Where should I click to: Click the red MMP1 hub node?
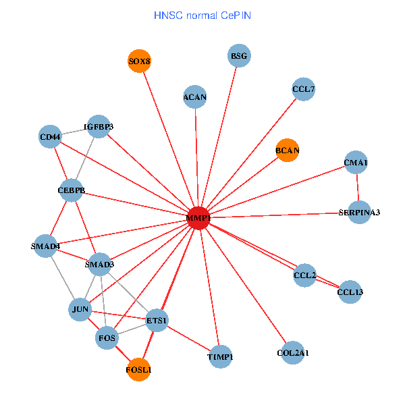coord(198,218)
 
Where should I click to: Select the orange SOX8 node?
coord(140,61)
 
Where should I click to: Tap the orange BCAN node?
coord(288,150)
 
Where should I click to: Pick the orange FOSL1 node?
coord(139,370)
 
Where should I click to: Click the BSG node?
coord(239,56)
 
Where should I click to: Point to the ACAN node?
coord(195,97)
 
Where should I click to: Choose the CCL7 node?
coord(304,89)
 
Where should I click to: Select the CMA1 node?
coord(356,163)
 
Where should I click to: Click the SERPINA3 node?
coord(359,213)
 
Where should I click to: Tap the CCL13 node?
coord(350,292)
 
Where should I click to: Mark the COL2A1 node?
coord(293,352)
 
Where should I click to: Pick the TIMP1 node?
coord(221,356)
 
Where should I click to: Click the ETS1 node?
coord(157,320)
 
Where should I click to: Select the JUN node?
coord(80,310)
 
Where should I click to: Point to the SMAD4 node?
coord(46,246)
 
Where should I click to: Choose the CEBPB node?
coord(72,190)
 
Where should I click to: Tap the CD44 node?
coord(51,137)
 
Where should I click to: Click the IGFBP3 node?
coord(99,126)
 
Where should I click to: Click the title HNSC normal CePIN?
coord(202,15)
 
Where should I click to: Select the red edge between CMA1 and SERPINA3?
coord(358,188)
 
